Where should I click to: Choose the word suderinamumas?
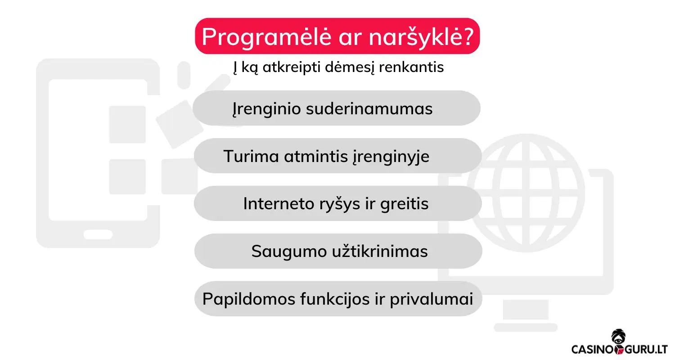369,109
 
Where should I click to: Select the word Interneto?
283,204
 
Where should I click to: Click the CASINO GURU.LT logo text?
619,349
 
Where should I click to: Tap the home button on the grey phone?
98,234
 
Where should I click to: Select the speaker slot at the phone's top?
184,75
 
